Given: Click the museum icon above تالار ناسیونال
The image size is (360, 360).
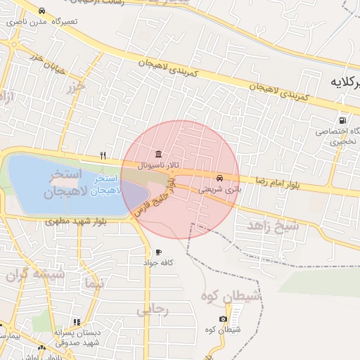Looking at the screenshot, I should pyautogui.click(x=157, y=154).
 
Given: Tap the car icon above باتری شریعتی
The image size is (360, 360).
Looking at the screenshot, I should pyautogui.click(x=220, y=179).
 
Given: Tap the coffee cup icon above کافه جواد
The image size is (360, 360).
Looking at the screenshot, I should pyautogui.click(x=158, y=252).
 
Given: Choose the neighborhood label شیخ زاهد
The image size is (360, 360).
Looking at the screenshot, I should pyautogui.click(x=273, y=225).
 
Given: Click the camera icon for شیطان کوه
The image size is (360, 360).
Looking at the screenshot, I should pyautogui.click(x=223, y=319).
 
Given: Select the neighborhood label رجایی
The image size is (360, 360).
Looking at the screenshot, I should pyautogui.click(x=153, y=309).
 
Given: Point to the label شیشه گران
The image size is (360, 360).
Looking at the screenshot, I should pyautogui.click(x=35, y=275).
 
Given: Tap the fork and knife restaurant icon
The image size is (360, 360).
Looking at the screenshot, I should pyautogui.click(x=103, y=156).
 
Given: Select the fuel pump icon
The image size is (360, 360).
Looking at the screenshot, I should pyautogui.click(x=342, y=120).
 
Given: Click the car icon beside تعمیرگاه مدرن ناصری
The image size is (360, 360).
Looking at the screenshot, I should pyautogui.click(x=42, y=11).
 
